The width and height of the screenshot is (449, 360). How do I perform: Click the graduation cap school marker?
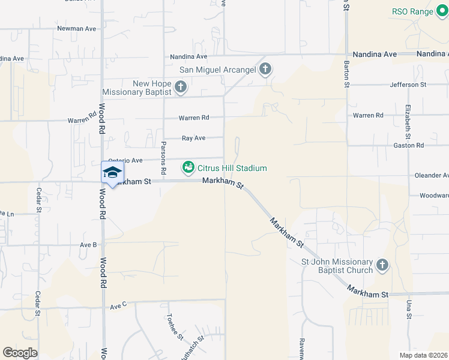pyautogui.click(x=112, y=172)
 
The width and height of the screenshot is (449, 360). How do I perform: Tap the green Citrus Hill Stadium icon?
pyautogui.click(x=188, y=167)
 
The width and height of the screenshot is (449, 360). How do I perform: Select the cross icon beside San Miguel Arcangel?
pyautogui.click(x=265, y=70)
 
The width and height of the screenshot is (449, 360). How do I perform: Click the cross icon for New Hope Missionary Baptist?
pyautogui.click(x=179, y=88)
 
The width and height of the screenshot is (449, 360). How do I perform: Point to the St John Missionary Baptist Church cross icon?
pyautogui.click(x=382, y=265)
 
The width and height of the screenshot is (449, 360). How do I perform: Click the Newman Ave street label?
pyautogui.click(x=76, y=28)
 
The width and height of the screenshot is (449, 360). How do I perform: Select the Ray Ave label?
pyautogui.click(x=194, y=138)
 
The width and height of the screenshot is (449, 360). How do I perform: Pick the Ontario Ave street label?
pyautogui.click(x=125, y=160)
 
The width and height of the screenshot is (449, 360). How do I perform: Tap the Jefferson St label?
pyautogui.click(x=408, y=85)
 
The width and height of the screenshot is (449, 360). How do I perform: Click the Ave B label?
pyautogui.click(x=88, y=244)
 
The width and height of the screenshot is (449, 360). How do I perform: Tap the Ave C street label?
pyautogui.click(x=118, y=306)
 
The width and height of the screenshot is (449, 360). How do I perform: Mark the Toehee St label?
pyautogui.click(x=175, y=327)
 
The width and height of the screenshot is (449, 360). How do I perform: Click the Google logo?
pyautogui.click(x=20, y=352)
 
